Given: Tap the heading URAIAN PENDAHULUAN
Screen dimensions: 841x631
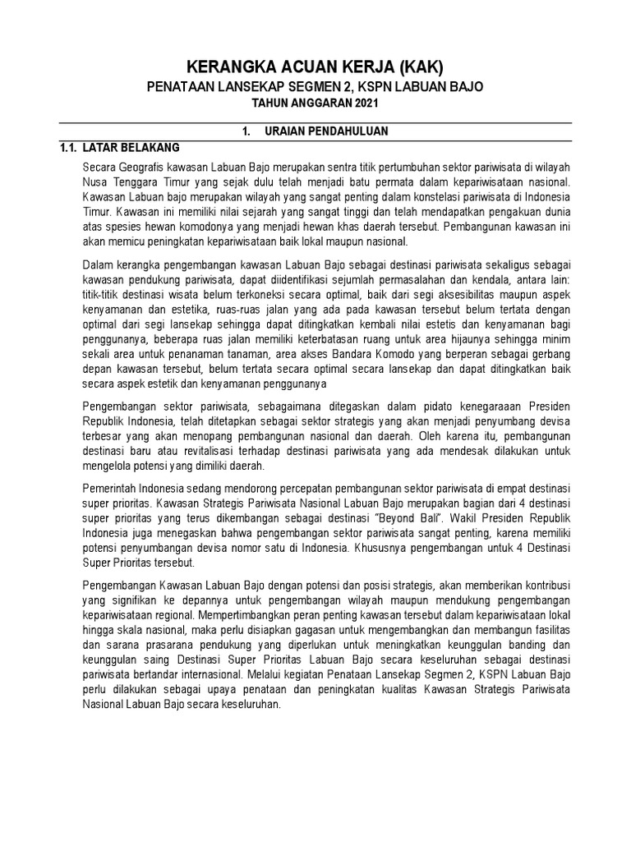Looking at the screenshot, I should [326, 131].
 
